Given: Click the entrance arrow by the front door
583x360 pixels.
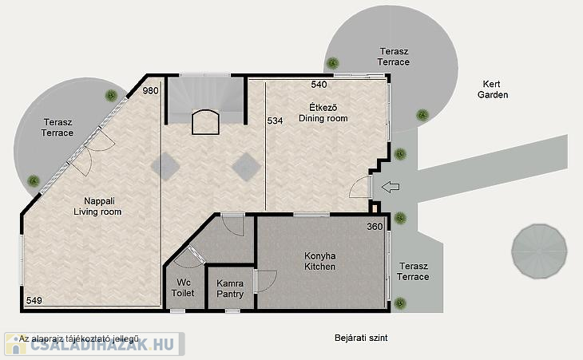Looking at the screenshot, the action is point(391,187).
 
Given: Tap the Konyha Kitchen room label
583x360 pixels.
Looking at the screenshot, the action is point(319,261).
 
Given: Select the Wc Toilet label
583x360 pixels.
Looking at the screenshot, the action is point(183,287).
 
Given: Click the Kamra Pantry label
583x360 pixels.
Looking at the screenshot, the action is point(230,289).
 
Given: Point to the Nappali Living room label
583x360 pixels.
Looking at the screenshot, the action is point(97,206).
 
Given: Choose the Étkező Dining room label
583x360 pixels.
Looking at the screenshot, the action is point(323,113).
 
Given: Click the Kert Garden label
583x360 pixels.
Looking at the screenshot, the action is point(493,89).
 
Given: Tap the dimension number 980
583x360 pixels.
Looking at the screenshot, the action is point(151,91).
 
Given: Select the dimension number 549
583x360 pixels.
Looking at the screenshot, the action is point(34,300).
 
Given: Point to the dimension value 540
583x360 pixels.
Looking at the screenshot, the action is point(319,85).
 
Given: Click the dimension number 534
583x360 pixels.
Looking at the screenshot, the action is point(276,121).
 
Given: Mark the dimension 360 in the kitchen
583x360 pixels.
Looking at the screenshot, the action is point(375,227).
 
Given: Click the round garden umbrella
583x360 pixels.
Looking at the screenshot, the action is point(539,251).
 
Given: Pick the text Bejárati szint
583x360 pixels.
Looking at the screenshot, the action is point(361,338).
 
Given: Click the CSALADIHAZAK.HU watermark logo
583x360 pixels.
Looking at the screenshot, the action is point(94,344).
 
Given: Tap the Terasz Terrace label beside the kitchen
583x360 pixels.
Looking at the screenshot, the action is point(413,271).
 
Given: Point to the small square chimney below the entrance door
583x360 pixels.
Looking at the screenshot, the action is point(375,208).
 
